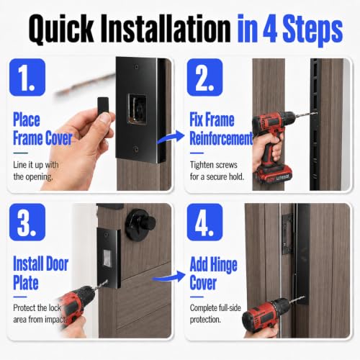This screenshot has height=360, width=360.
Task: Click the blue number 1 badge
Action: (x=27, y=77)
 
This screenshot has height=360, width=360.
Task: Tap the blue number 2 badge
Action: (x=204, y=77)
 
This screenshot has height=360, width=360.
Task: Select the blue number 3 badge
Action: (x=27, y=222)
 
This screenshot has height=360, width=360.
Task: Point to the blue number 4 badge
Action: (x=204, y=222)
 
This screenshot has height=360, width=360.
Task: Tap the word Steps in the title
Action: (x=312, y=30)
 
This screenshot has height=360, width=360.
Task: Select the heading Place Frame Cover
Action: (x=42, y=129)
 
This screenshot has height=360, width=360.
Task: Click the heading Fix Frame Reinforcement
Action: (x=221, y=129)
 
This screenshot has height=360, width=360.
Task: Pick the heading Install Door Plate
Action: (x=40, y=273)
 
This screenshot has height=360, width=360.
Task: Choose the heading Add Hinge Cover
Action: (x=213, y=273)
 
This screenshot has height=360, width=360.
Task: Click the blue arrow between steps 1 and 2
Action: (x=171, y=138)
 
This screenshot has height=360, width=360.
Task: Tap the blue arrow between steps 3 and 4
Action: (x=168, y=277)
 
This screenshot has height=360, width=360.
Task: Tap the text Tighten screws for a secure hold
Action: (x=217, y=171)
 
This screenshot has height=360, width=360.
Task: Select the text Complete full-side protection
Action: (x=215, y=314)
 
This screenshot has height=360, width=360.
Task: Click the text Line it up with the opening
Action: (x=36, y=171)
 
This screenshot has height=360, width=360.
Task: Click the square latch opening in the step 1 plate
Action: (x=137, y=109)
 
